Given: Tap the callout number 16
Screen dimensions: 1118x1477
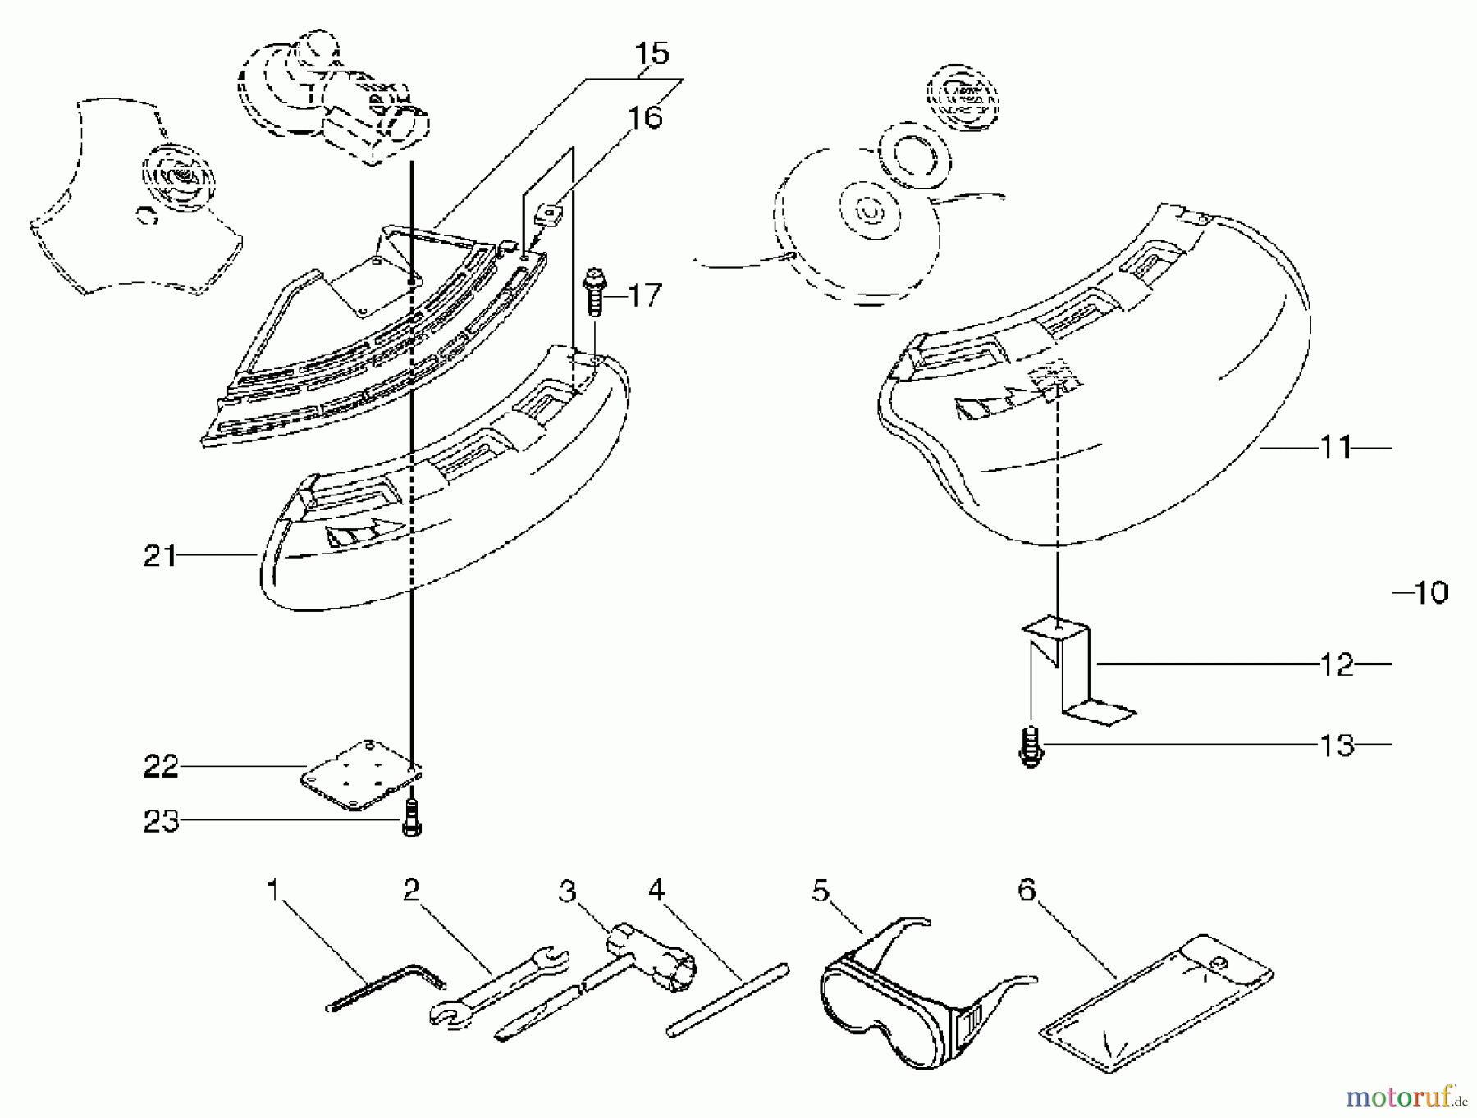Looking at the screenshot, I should pyautogui.click(x=645, y=117).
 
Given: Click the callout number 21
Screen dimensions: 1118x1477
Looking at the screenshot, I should pyautogui.click(x=159, y=556).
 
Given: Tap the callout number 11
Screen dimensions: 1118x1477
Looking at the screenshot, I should pyautogui.click(x=1335, y=447).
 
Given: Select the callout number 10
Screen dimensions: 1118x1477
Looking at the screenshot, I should pyautogui.click(x=1430, y=592).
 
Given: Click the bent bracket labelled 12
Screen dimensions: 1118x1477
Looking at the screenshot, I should pyautogui.click(x=1075, y=673).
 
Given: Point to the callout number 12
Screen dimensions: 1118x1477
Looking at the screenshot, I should pyautogui.click(x=1336, y=664).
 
